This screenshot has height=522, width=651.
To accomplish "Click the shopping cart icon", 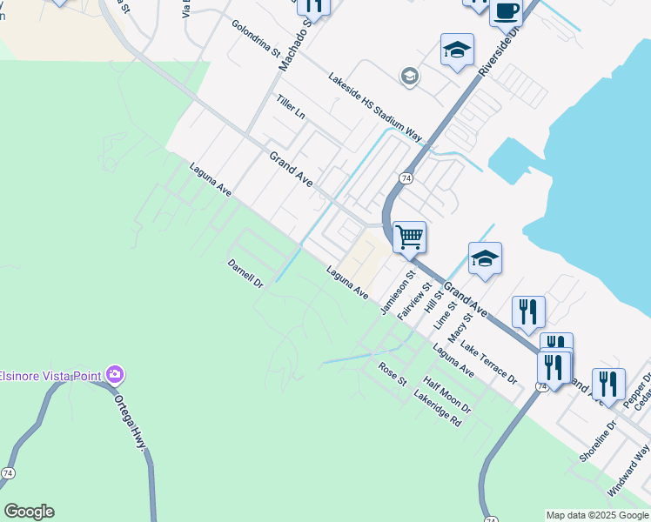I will click(x=409, y=236).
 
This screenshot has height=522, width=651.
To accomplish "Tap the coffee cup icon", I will click(x=505, y=11).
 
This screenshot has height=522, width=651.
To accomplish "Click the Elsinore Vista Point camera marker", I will click(x=115, y=375).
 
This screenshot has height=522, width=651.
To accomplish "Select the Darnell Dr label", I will click(x=245, y=272).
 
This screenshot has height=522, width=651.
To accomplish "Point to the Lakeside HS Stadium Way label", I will click(x=374, y=107).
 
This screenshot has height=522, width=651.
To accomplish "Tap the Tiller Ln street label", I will click(x=291, y=107).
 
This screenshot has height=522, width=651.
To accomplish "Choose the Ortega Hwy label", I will click(x=131, y=423).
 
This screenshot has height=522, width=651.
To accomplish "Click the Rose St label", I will click(x=393, y=375).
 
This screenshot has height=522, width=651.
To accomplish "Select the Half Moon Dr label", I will click(x=447, y=395).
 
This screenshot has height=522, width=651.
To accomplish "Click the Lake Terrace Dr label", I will click(x=489, y=364).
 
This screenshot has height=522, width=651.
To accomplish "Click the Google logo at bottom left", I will click(x=29, y=512).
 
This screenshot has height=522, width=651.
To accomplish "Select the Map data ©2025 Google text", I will click(x=596, y=515).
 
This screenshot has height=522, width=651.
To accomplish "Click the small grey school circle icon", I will click(x=409, y=77).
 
